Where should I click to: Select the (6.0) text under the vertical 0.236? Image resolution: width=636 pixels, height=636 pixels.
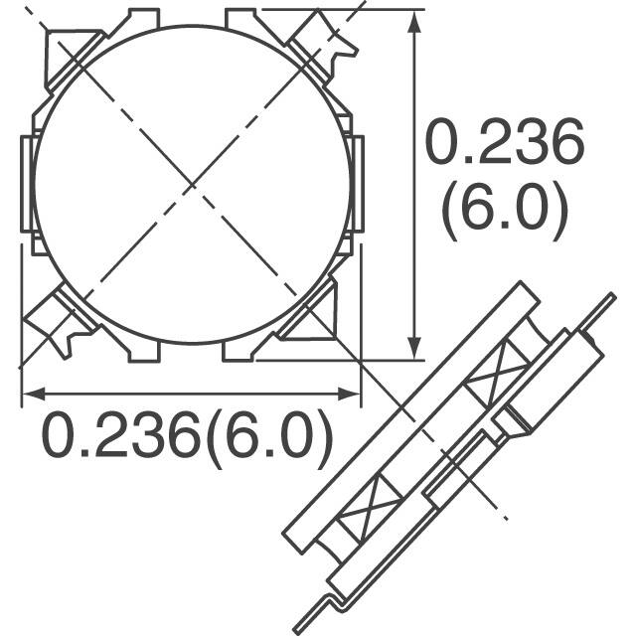pos(504,213)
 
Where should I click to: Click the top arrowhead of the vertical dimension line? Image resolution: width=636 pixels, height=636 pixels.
pos(413,22)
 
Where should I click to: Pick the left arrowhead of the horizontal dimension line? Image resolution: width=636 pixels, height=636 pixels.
pos(30,395)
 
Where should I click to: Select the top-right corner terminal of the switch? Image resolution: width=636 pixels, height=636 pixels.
pos(323,45)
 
